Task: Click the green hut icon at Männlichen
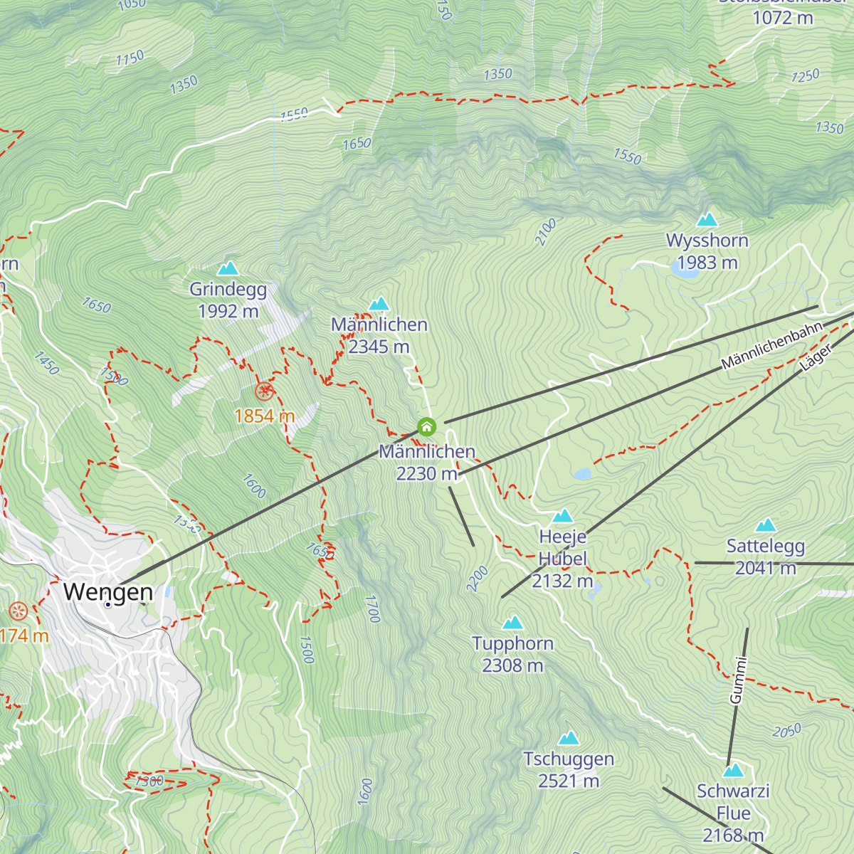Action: tap(426, 426)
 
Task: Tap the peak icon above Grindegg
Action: tap(228, 268)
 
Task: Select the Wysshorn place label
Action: tap(707, 241)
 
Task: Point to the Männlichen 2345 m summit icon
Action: tap(379, 304)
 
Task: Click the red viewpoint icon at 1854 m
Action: tap(265, 391)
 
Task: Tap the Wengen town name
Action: tap(108, 592)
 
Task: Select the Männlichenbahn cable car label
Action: tap(771, 345)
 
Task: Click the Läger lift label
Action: tap(816, 359)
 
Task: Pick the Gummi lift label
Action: tap(739, 680)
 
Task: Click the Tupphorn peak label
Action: tap(512, 644)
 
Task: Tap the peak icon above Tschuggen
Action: tap(569, 738)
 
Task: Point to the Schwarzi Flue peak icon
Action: tap(733, 771)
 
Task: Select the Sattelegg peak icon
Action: tap(766, 525)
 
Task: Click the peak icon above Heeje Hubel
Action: tap(563, 515)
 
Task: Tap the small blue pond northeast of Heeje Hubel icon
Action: tap(583, 473)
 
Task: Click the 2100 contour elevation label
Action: tap(546, 233)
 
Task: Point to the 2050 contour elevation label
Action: tap(786, 731)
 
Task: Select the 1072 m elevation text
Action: tap(783, 19)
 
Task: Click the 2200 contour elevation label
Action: tap(478, 578)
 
